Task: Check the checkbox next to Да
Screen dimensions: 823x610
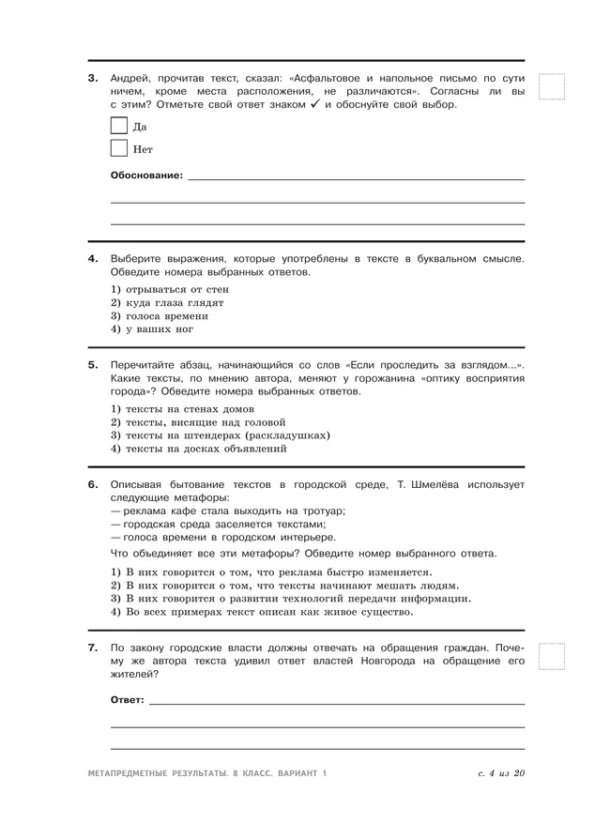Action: pos(119,126)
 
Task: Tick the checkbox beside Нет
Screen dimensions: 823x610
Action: pos(119,148)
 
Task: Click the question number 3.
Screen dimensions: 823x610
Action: pos(93,78)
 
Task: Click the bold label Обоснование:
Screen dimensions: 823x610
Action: pos(146,175)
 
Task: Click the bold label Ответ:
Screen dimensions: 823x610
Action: pos(128,700)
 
